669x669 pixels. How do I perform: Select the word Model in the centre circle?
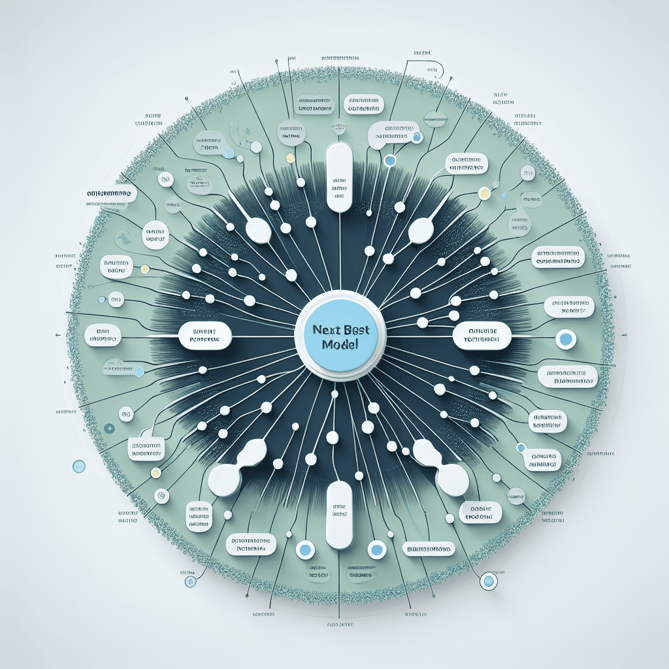pos(340,345)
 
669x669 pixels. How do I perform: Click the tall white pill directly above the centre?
pos(339,178)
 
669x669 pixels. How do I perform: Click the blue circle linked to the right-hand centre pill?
pos(566,339)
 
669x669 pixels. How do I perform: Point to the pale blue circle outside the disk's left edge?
pos(79,466)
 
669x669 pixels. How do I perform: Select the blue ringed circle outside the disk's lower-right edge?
pos(488,581)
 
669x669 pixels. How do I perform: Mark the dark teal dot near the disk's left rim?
pos(108,429)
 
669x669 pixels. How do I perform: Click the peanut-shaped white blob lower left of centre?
pos(237,466)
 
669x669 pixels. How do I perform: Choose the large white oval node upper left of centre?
pos(258,230)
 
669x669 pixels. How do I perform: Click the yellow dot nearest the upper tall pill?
pos(289,157)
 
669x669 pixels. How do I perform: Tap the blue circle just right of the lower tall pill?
pos(376,549)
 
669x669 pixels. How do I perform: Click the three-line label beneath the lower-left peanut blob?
pos(198,516)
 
